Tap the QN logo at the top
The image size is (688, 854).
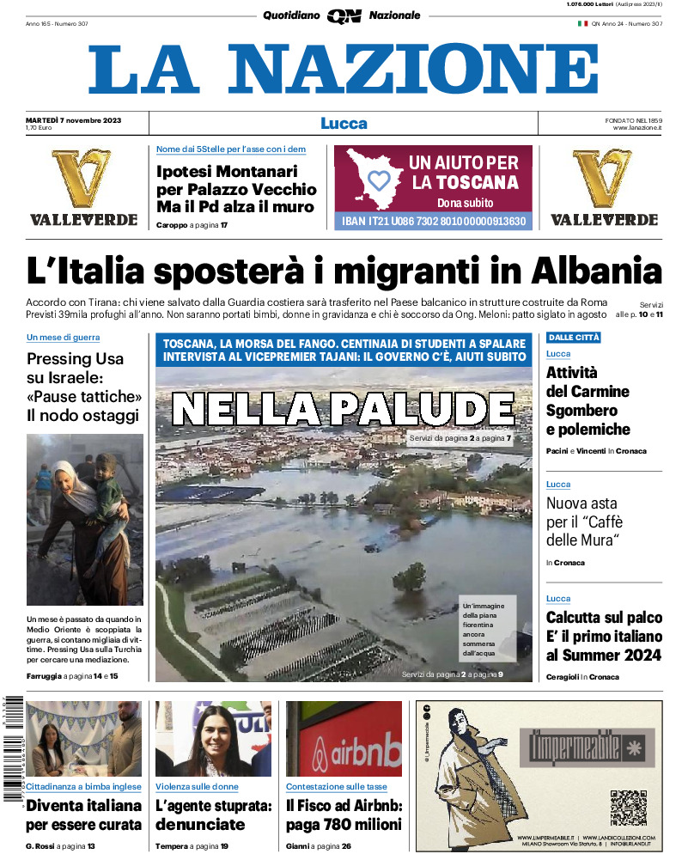point(344,15)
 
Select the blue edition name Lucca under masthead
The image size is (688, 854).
point(344,123)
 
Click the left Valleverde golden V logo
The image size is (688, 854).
point(81,178)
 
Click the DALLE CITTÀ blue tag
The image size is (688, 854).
point(574,338)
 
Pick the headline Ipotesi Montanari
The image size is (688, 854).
point(227,171)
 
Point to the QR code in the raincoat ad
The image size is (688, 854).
point(628,807)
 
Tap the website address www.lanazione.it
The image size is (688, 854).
point(636,128)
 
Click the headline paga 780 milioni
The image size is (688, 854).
point(344,824)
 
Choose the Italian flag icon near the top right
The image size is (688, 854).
point(581,24)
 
